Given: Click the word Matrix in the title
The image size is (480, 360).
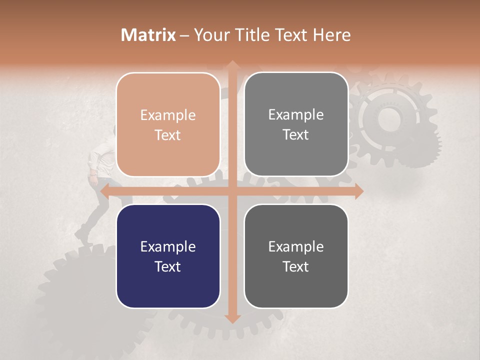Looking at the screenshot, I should pos(148,35).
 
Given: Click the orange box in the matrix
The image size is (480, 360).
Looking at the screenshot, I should pos(168,124).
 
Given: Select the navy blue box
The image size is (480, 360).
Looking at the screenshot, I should pos(168,256).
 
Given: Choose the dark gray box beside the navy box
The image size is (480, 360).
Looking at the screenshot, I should pos(296,256).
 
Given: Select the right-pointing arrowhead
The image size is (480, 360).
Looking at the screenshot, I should pos(358,190).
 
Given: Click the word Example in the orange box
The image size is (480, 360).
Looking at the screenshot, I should pos(168,115).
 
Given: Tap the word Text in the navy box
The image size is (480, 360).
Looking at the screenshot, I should pos(168,266).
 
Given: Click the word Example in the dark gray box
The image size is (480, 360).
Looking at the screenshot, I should pos(296,246).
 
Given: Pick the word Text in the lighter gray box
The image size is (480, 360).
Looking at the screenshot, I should pos(296,135).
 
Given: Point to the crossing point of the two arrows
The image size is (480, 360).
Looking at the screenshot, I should pos(232,190).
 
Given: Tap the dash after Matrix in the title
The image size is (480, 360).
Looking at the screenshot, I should pos(184,35).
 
